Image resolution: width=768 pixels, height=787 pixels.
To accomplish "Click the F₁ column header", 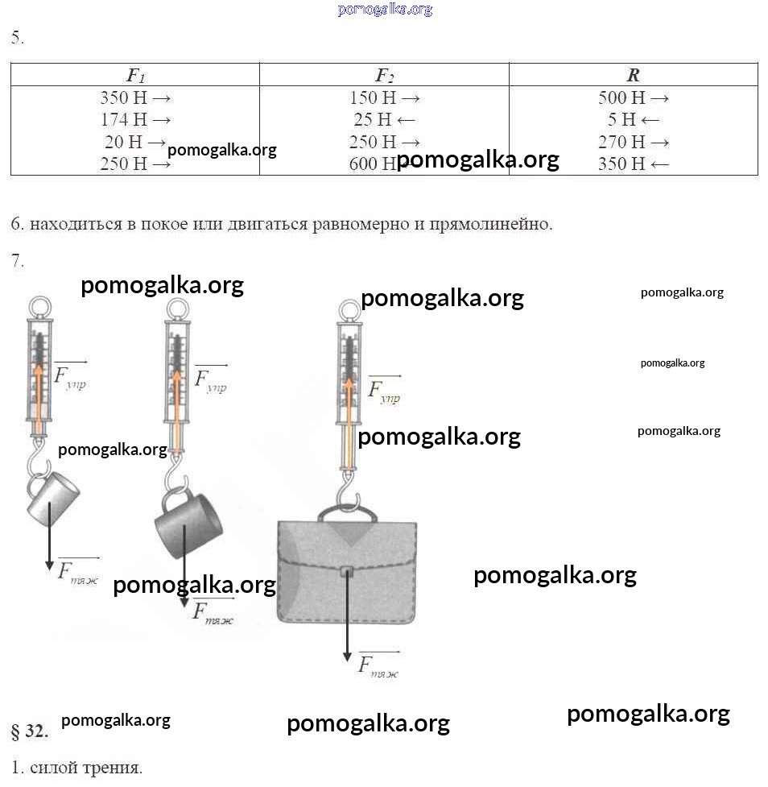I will (x=135, y=76).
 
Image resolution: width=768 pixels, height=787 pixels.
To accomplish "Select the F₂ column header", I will (x=385, y=76).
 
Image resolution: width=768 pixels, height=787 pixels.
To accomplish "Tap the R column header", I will (x=633, y=76).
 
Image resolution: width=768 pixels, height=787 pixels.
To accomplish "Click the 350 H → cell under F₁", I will (x=135, y=98).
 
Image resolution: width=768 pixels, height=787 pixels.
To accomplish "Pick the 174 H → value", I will (x=135, y=120).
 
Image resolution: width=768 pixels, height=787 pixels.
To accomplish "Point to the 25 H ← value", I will (x=384, y=120).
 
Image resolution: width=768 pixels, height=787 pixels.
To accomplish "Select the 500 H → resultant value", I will (x=634, y=98).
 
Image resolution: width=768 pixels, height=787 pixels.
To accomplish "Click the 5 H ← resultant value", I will (x=634, y=120).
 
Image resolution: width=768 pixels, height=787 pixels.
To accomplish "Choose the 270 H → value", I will (x=634, y=143).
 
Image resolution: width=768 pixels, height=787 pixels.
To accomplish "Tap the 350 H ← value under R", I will (x=634, y=164).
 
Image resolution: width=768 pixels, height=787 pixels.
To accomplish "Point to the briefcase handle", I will (x=348, y=513).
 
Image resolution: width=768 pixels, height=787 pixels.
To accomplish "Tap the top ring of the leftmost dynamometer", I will (x=40, y=307).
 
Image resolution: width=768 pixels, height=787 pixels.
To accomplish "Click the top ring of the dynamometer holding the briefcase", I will (x=349, y=310).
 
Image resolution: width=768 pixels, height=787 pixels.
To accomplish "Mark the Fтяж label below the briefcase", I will (x=378, y=665).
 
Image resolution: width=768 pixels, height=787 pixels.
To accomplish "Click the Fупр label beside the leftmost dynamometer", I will (x=70, y=376).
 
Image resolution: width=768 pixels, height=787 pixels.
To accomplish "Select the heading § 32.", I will (x=30, y=731).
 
